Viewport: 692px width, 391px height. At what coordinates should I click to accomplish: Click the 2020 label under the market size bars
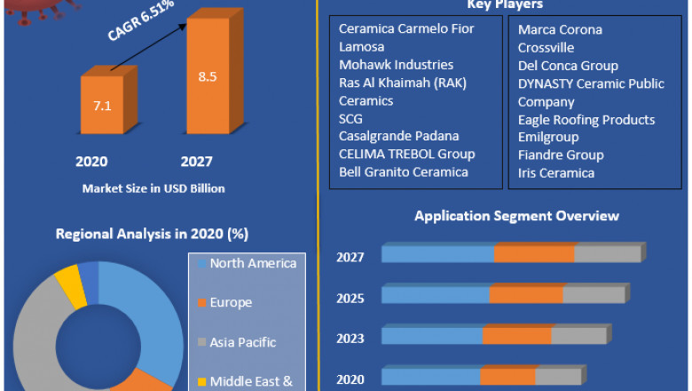tap(91, 161)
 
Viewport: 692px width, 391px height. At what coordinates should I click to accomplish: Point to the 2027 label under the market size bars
tap(196, 161)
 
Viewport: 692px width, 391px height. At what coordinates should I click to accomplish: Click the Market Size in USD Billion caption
tap(153, 188)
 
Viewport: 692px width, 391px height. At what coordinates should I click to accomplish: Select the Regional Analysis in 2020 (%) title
tap(152, 235)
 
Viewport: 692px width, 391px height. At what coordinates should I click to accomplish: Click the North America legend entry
tap(253, 263)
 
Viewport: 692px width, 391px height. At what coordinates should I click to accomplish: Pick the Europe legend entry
tap(231, 303)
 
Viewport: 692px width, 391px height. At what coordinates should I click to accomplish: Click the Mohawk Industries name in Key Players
tap(396, 65)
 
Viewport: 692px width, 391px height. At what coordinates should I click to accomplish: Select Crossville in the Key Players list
tap(546, 48)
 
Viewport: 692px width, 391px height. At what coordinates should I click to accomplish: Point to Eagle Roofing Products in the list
tap(586, 119)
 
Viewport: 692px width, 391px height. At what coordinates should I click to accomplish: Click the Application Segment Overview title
tap(516, 216)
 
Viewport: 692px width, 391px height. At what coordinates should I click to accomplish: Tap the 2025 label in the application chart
tap(350, 298)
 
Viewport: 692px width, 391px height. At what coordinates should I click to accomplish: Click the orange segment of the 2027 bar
tap(534, 254)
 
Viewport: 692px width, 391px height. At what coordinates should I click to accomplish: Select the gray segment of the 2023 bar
tap(579, 336)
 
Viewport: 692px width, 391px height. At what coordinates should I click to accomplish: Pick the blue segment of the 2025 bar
tap(436, 295)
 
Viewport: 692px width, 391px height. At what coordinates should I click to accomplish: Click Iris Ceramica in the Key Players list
tap(556, 173)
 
